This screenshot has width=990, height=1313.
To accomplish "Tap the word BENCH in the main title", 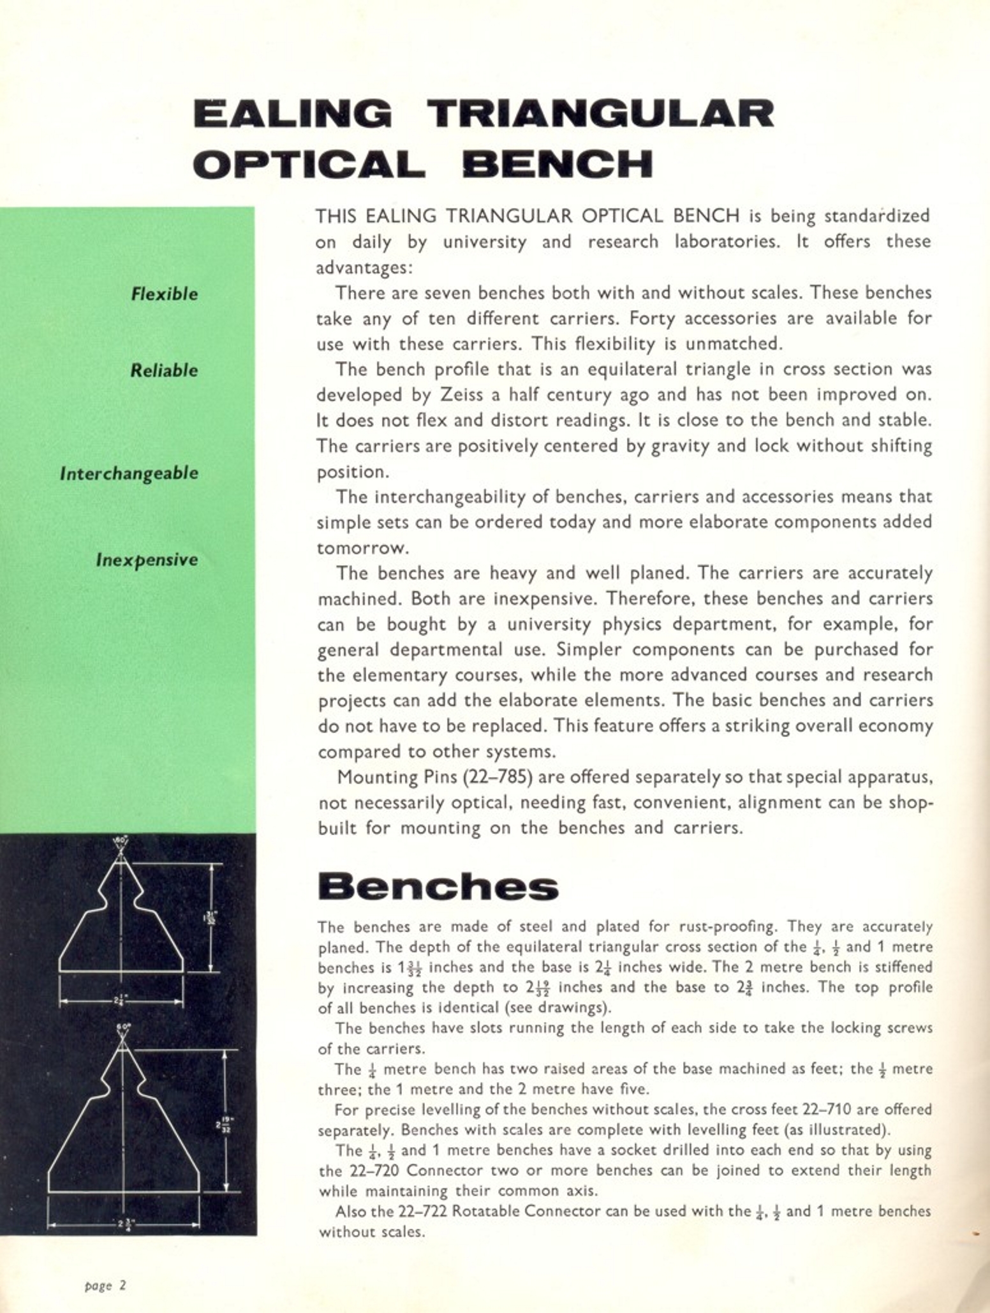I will [x=558, y=165].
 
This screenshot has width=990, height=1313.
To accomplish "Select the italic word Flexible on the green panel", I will [x=165, y=294].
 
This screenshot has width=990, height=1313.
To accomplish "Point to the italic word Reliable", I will [x=164, y=371].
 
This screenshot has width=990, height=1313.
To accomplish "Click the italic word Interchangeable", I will [x=129, y=473].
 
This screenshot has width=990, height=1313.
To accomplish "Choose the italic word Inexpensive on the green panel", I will [x=147, y=560].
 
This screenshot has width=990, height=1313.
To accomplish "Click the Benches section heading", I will [x=438, y=887].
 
